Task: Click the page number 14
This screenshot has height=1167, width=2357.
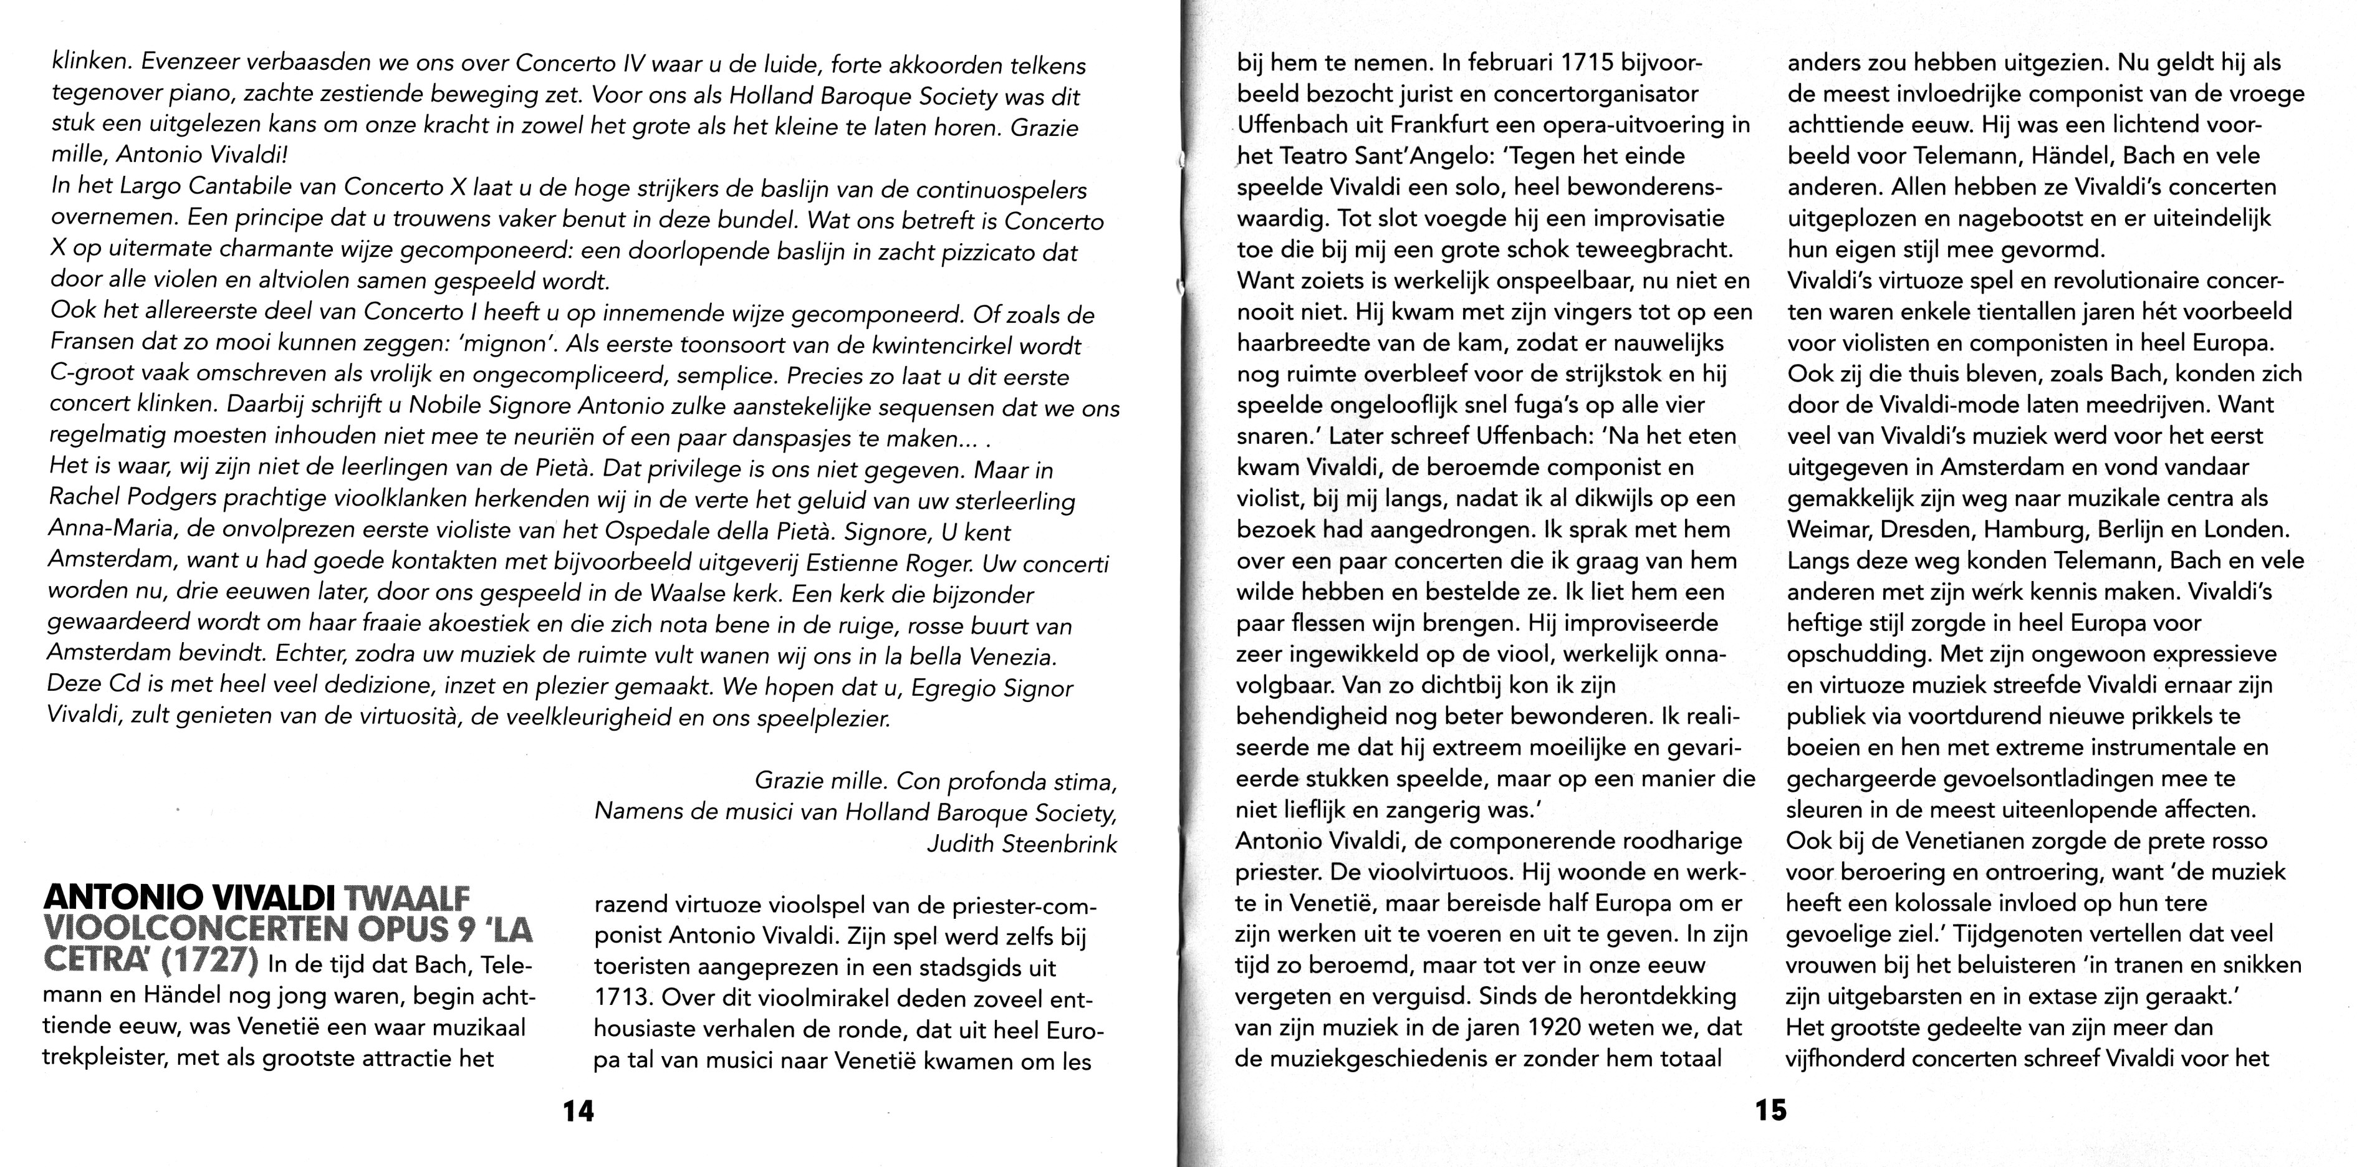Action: [x=578, y=1111]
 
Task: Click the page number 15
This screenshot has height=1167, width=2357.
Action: [x=1770, y=1110]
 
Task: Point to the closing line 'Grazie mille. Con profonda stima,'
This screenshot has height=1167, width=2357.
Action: [x=935, y=782]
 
